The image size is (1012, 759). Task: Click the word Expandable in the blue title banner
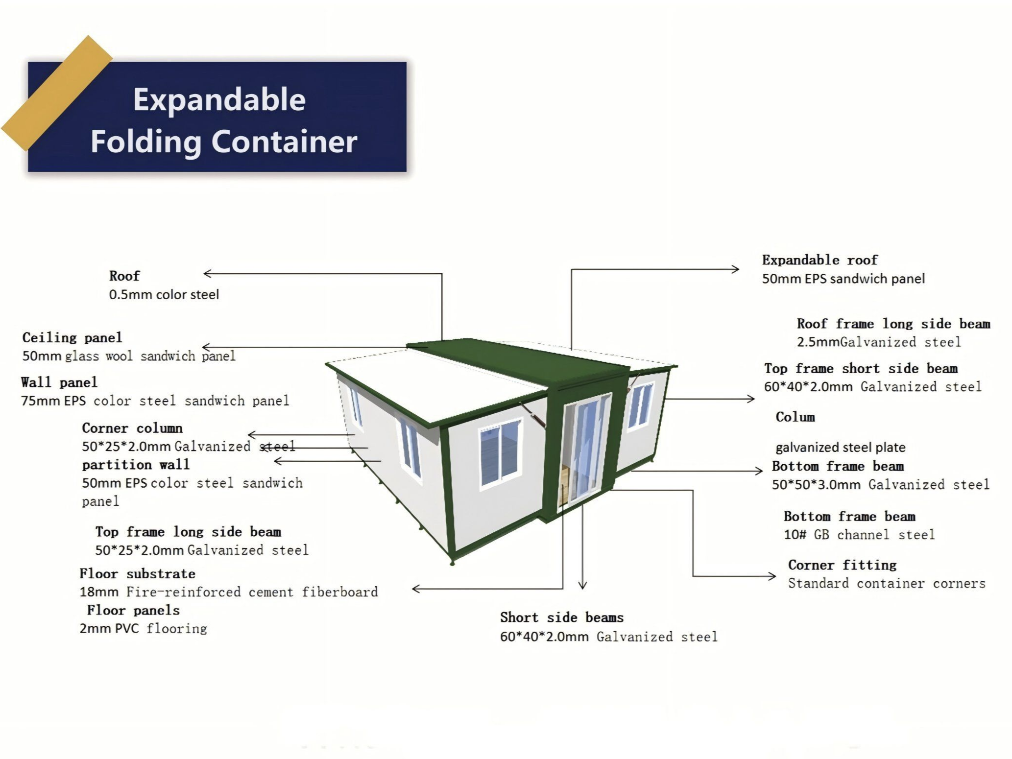point(219,99)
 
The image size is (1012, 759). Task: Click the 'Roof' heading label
point(124,276)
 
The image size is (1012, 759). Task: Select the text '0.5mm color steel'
point(164,295)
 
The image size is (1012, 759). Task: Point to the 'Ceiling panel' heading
point(72,338)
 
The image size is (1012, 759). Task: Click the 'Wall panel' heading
point(59,382)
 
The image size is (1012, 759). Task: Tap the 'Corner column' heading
point(132,428)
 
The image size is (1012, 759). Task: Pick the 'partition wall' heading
point(136,465)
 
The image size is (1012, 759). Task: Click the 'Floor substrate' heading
point(138,574)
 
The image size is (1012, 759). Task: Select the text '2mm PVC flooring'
point(143,629)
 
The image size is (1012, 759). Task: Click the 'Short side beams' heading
point(562,617)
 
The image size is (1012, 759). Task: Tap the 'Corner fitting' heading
point(842,565)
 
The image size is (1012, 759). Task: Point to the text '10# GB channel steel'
point(859,535)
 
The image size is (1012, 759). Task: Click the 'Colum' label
point(795,418)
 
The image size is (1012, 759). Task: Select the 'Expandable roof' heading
point(820,260)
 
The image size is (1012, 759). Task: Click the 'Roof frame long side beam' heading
point(893,324)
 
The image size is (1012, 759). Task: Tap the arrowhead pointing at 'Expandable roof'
point(736,269)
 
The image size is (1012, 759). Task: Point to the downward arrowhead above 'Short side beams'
point(582,585)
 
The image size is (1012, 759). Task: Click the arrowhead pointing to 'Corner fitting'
point(772,576)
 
